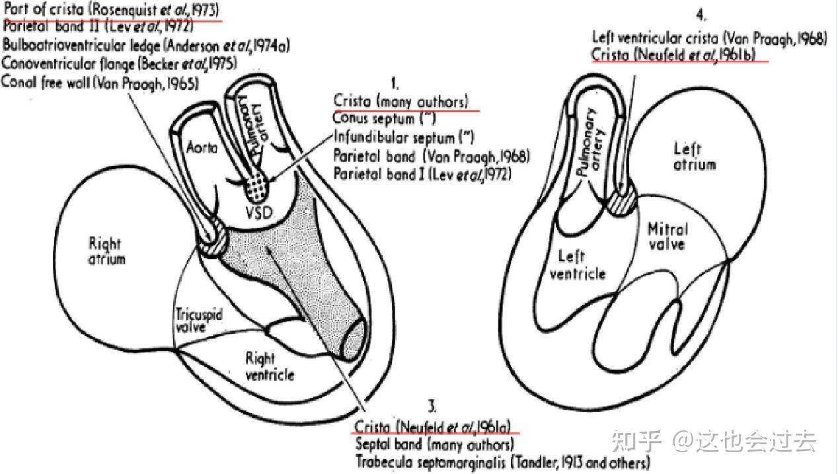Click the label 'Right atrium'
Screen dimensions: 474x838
pos(106,251)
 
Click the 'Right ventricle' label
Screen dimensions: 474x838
pos(270,366)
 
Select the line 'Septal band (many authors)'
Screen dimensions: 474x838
pos(434,444)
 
